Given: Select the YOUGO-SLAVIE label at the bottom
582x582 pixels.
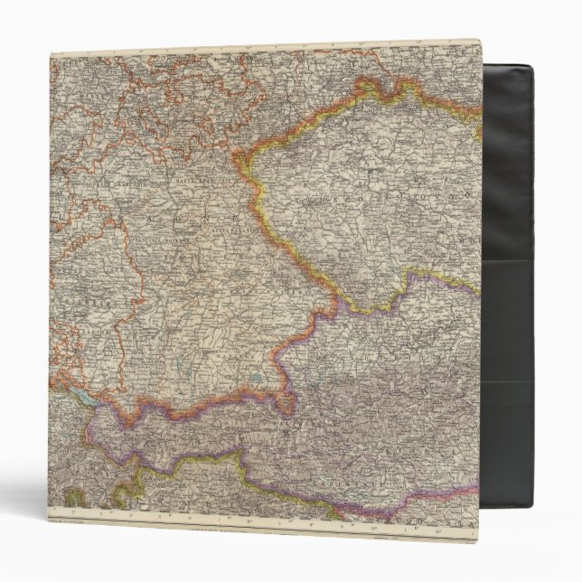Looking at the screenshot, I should tap(425, 506).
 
